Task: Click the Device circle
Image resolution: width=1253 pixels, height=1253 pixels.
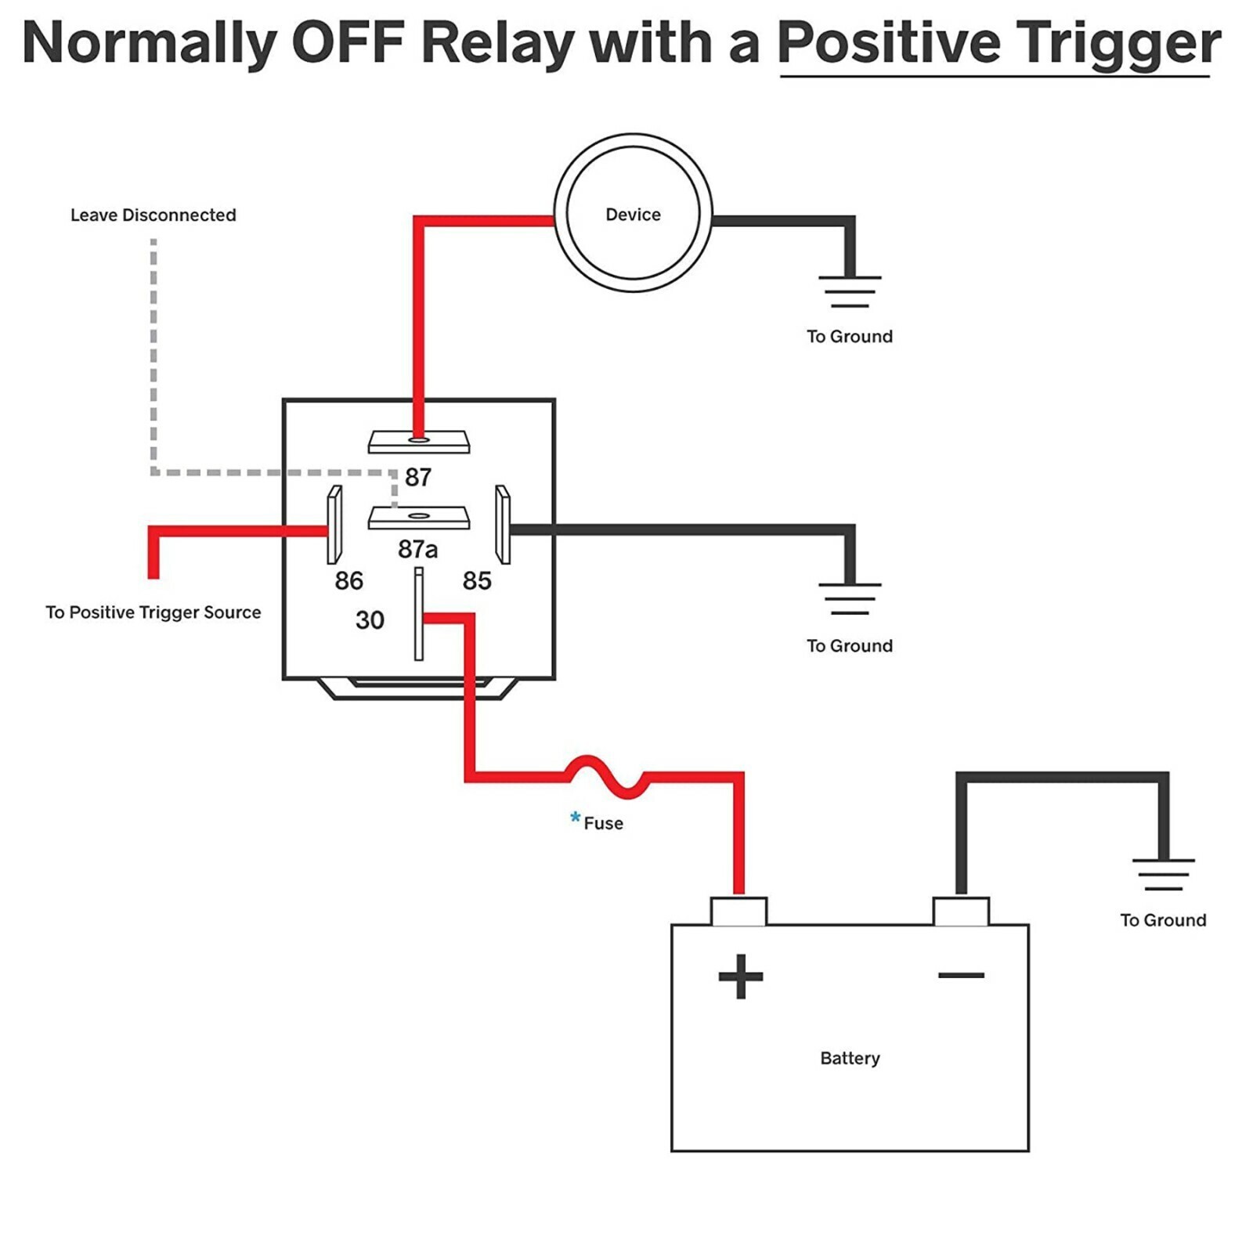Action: click(x=633, y=213)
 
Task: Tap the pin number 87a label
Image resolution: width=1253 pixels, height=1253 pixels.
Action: click(x=417, y=549)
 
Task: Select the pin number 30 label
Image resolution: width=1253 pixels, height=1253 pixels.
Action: click(x=370, y=620)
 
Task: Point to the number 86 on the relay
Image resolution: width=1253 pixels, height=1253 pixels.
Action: click(x=348, y=580)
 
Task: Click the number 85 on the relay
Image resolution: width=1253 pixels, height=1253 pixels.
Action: click(x=477, y=580)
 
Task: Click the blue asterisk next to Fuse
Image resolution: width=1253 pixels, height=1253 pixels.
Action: click(x=576, y=818)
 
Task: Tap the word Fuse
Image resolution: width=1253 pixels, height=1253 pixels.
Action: click(x=604, y=823)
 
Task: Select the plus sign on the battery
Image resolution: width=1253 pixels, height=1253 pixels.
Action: click(x=740, y=976)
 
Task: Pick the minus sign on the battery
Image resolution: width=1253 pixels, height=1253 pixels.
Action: click(x=961, y=975)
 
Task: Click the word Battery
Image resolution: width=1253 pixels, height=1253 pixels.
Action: click(x=850, y=1058)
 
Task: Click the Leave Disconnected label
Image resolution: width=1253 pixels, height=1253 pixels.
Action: click(x=153, y=215)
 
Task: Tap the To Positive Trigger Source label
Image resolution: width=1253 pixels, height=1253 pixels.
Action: click(x=153, y=612)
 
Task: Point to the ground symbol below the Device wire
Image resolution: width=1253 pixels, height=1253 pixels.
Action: click(x=850, y=291)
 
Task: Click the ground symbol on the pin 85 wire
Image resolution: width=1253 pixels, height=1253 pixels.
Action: click(x=850, y=599)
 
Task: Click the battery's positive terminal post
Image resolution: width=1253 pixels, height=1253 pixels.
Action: click(x=738, y=912)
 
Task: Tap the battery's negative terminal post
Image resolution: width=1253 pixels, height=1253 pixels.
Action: click(x=961, y=912)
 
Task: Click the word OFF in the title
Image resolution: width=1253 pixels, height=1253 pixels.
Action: click(x=347, y=43)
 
